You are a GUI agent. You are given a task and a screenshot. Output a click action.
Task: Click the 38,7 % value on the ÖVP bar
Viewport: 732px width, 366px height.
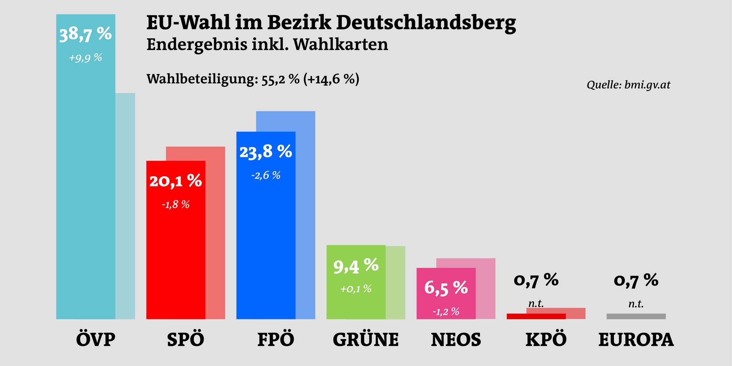click(x=85, y=35)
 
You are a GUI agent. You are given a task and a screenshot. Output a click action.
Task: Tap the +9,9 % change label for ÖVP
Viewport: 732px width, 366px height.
click(x=85, y=58)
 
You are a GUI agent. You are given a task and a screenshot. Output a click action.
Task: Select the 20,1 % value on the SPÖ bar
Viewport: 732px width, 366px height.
click(x=175, y=181)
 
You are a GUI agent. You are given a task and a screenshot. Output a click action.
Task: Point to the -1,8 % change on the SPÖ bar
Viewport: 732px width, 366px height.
click(x=175, y=205)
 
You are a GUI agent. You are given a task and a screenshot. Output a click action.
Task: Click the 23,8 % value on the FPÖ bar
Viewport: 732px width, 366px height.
click(x=266, y=152)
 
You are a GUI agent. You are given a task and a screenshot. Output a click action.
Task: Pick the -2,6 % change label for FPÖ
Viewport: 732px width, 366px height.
click(x=266, y=175)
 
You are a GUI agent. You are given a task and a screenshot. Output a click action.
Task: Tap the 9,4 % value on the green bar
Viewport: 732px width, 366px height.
click(x=356, y=266)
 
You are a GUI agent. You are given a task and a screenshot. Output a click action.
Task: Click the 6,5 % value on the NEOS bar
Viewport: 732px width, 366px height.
click(x=446, y=288)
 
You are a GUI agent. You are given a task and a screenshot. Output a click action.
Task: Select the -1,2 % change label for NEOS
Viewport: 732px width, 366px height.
click(x=446, y=312)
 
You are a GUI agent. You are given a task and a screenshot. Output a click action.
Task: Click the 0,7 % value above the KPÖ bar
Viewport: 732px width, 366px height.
click(x=536, y=280)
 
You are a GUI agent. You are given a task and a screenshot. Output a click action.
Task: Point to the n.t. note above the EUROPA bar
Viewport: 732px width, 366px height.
click(x=636, y=304)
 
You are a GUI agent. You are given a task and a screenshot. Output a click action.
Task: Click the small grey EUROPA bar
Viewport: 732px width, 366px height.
click(x=636, y=316)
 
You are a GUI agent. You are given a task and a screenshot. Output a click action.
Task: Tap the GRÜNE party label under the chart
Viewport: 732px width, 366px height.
click(x=366, y=340)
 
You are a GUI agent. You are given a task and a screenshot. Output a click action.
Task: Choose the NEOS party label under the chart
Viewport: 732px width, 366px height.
click(x=456, y=340)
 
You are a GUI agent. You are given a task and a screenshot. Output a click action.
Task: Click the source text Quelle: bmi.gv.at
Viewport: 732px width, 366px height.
click(x=628, y=85)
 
